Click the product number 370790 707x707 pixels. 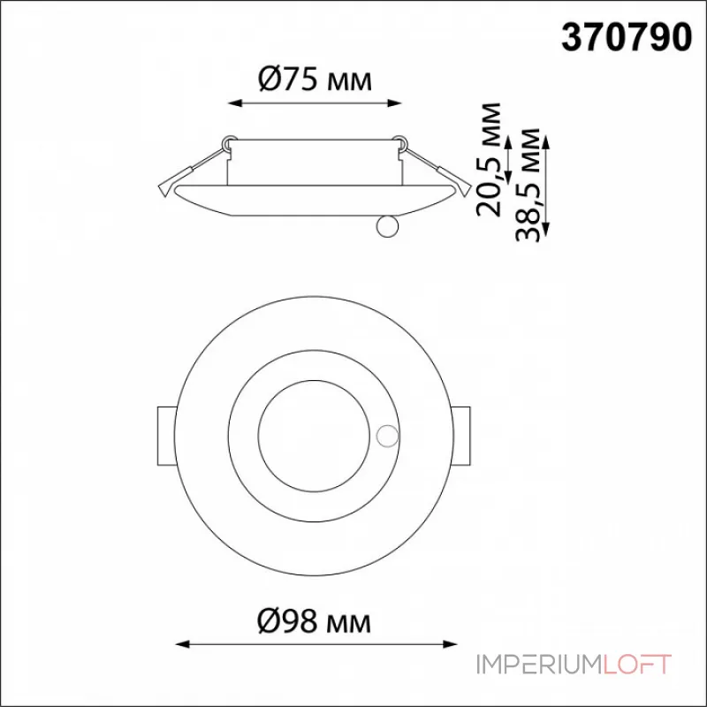pos(626,38)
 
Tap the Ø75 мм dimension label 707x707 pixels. pos(315,80)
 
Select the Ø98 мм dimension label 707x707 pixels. pos(315,621)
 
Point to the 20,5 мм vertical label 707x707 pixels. pos(490,160)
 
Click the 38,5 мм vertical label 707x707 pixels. pos(528,185)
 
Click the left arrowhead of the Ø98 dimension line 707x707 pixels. pos(182,644)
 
